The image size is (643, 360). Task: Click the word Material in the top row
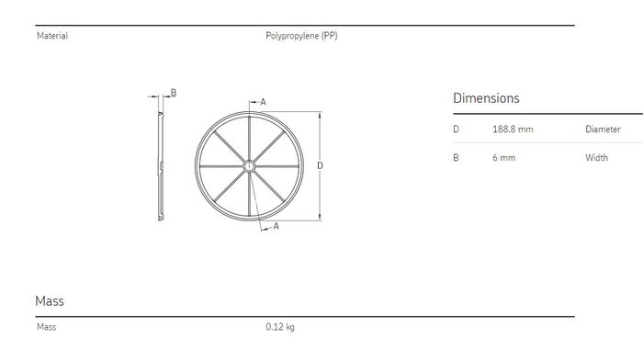[52, 36]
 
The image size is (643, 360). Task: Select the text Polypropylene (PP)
[301, 36]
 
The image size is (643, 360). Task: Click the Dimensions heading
[486, 98]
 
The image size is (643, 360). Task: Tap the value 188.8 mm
[513, 129]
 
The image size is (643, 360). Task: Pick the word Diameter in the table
[603, 129]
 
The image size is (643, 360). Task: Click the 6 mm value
[504, 158]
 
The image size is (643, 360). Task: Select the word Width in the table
[597, 158]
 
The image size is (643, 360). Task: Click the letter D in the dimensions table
[456, 129]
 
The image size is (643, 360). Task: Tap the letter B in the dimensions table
[456, 158]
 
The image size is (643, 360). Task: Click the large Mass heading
[50, 301]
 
